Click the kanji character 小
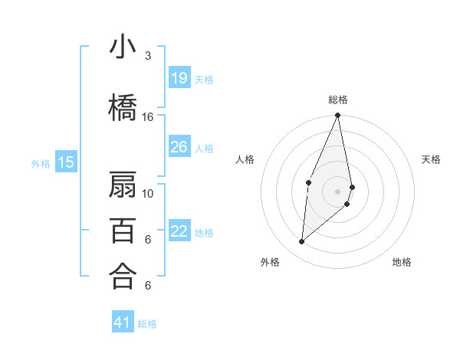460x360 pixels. tap(123, 47)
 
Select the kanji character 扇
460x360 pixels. tap(123, 185)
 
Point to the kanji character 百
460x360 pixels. tap(123, 231)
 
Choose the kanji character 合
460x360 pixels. tap(123, 277)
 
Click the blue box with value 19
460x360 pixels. tap(179, 77)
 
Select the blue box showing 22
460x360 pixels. tap(179, 231)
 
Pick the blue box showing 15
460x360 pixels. tap(66, 162)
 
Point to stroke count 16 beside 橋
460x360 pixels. tap(148, 117)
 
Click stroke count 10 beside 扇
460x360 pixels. tap(148, 194)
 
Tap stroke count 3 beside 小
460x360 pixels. tap(148, 56)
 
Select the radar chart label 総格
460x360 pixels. tap(338, 100)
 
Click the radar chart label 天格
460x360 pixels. tap(432, 159)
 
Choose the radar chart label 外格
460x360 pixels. tap(270, 262)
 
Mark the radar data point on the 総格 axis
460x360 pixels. tap(338, 116)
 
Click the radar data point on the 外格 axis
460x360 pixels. tap(302, 242)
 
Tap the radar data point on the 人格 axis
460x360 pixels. tap(308, 182)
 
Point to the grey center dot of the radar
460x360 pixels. tap(338, 191)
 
